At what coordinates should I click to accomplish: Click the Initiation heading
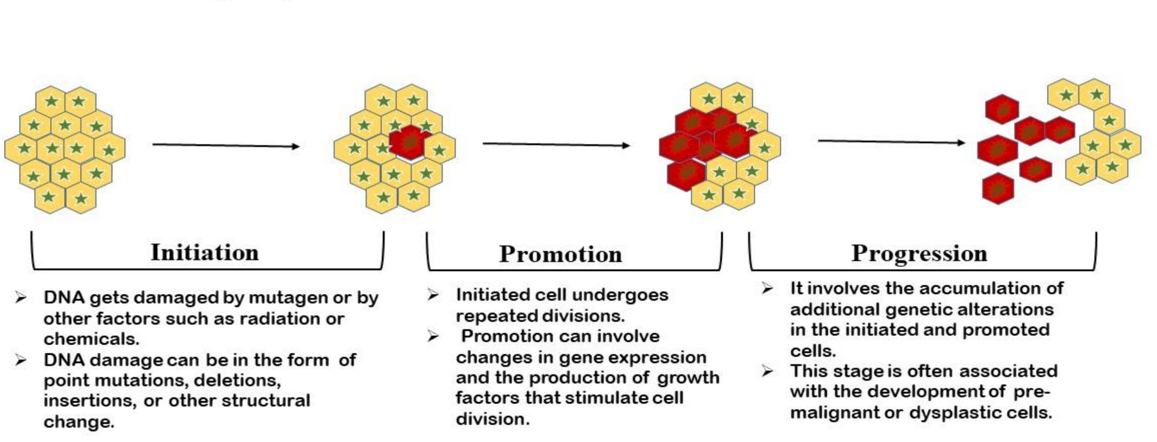[204, 253]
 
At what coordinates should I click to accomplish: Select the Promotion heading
[560, 254]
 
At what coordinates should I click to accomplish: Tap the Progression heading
[919, 253]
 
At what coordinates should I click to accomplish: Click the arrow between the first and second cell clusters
[226, 146]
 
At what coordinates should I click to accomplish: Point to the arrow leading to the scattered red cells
[891, 141]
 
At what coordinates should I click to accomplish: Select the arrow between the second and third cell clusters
[556, 145]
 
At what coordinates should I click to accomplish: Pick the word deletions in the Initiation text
[237, 380]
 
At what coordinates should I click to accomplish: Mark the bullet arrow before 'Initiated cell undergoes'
[433, 295]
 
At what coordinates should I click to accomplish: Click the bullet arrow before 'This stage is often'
[767, 371]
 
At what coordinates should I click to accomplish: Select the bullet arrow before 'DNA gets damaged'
[20, 297]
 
